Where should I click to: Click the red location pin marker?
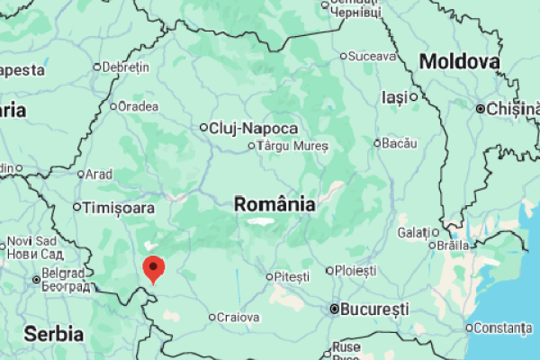click(x=155, y=268)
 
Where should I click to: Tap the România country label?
click(x=274, y=204)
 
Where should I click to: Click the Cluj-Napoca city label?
click(x=240, y=128)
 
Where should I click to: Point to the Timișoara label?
click(x=119, y=208)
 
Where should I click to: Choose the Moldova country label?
click(x=459, y=62)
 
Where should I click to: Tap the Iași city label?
click(x=394, y=96)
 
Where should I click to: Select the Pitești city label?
click(x=292, y=275)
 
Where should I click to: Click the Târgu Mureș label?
click(x=293, y=146)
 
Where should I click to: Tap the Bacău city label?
click(x=400, y=142)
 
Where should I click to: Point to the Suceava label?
click(x=372, y=56)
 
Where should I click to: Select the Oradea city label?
click(x=139, y=106)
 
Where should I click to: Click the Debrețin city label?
click(x=125, y=67)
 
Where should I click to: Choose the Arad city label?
click(x=99, y=174)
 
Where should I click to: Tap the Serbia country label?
click(x=54, y=333)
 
